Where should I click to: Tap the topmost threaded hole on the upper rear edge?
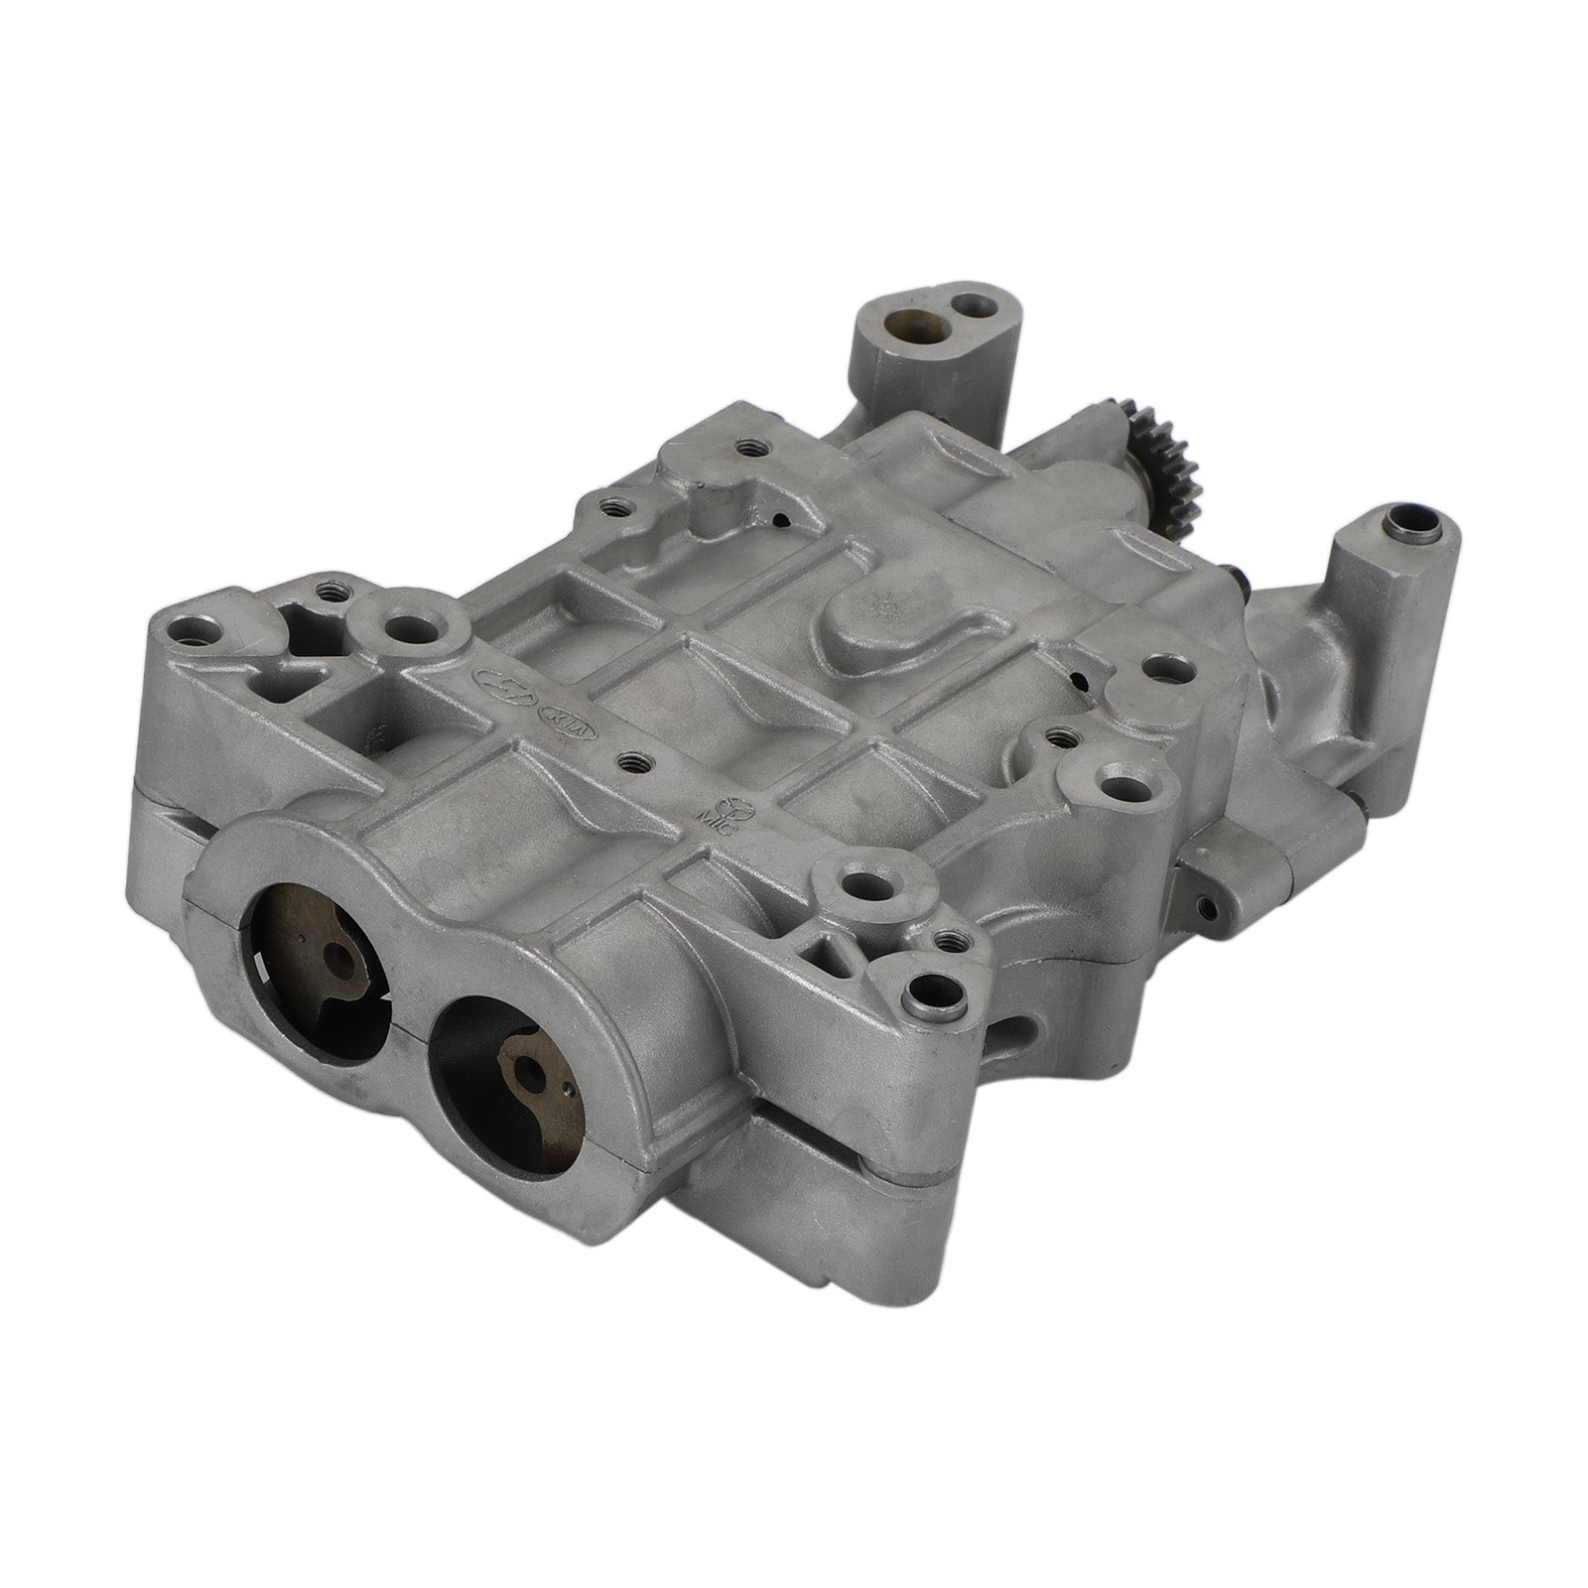click(744, 448)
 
